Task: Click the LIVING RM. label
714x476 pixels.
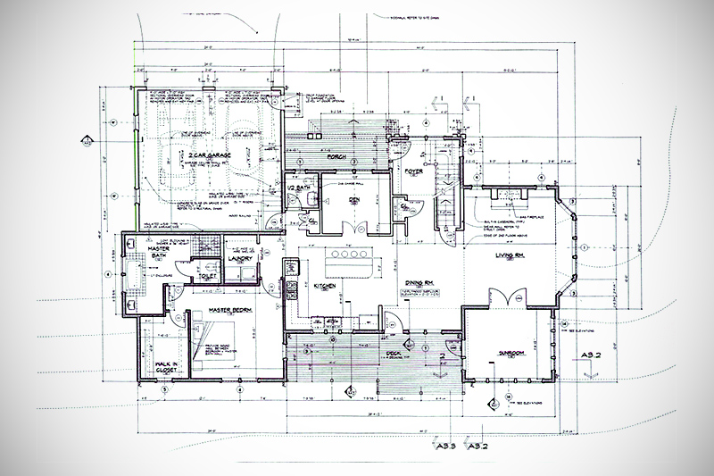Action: coord(515,257)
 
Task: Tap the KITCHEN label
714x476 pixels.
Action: coord(325,286)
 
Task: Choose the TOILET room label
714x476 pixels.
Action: coord(208,278)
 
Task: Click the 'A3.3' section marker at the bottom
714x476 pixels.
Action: coord(447,445)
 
